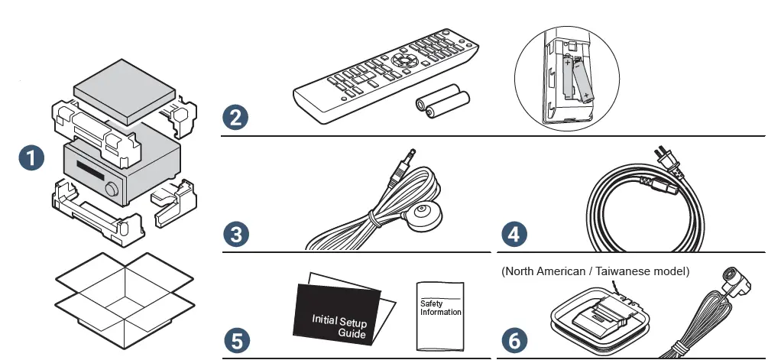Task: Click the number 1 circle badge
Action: (31, 159)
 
